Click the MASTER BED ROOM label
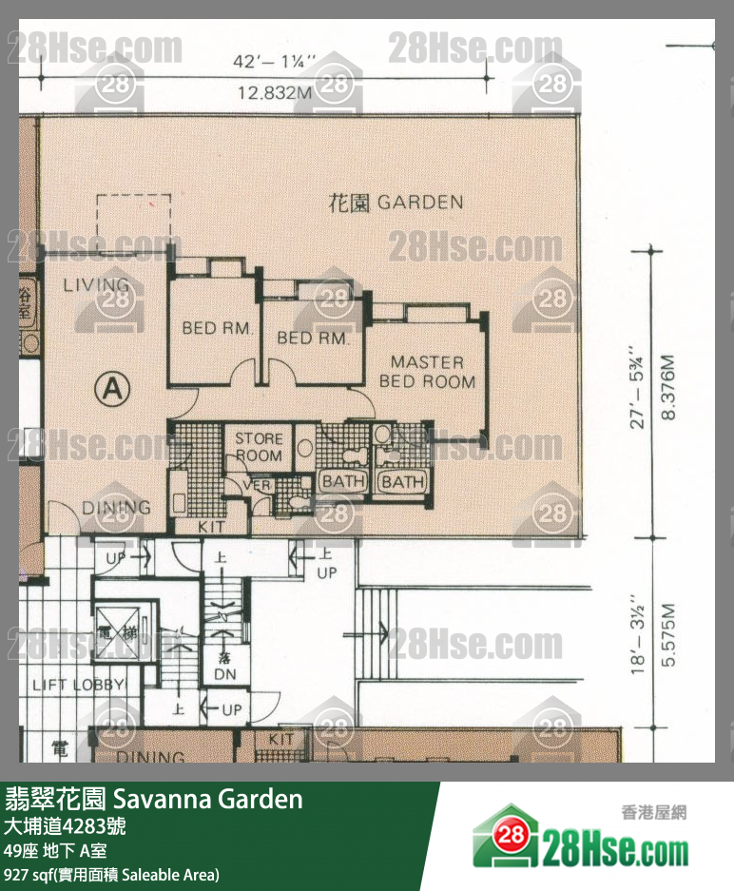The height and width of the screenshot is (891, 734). (x=427, y=372)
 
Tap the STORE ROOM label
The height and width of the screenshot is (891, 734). (x=259, y=447)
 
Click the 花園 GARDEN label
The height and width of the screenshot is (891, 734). (x=396, y=202)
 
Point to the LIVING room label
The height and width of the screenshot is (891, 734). (x=96, y=285)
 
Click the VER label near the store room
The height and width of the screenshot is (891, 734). (x=258, y=485)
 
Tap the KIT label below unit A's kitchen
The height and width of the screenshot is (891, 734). (x=212, y=526)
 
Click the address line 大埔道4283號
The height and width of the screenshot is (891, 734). (x=64, y=825)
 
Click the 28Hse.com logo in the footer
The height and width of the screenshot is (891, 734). (x=580, y=838)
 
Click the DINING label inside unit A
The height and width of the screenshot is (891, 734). (x=116, y=507)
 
